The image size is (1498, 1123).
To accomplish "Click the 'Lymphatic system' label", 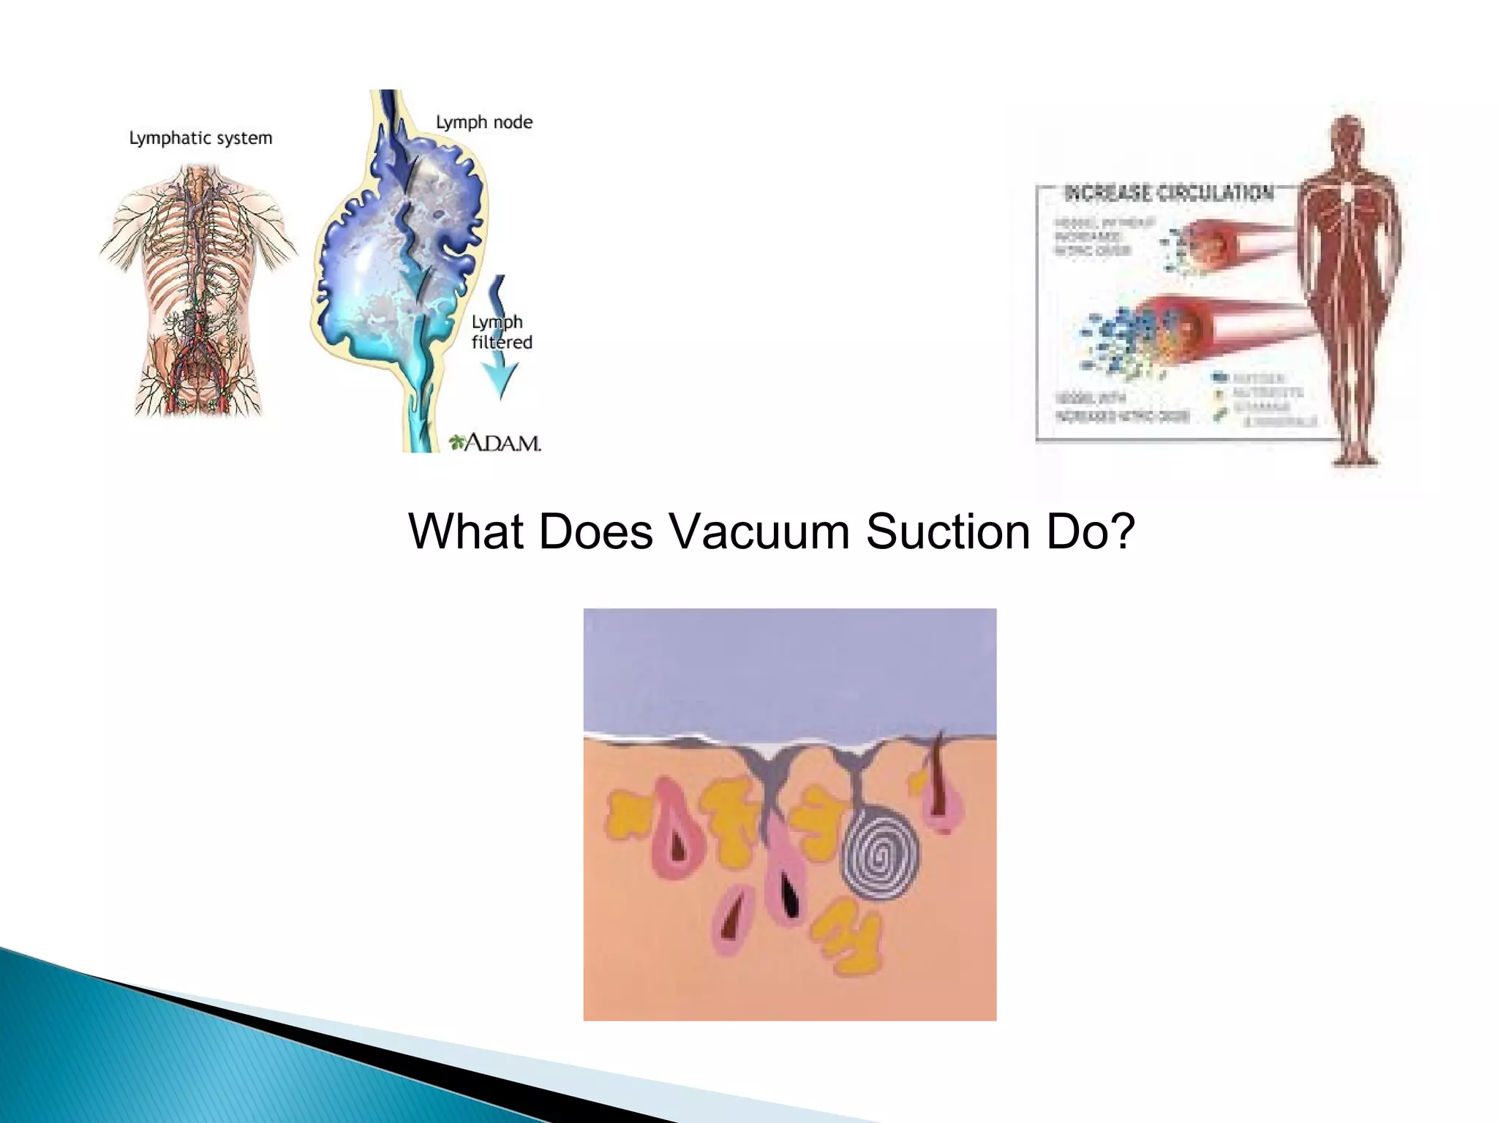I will coord(200,138).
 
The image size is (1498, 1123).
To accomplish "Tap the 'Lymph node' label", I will coord(483,122).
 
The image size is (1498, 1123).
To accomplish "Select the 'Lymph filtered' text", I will coord(501,332).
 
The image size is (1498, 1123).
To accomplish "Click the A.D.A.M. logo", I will coord(495,442).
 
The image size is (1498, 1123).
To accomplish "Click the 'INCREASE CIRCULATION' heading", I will coord(1168,193).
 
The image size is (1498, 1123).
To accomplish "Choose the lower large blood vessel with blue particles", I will coord(1200,329).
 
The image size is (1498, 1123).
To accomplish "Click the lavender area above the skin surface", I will coord(790,665).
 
